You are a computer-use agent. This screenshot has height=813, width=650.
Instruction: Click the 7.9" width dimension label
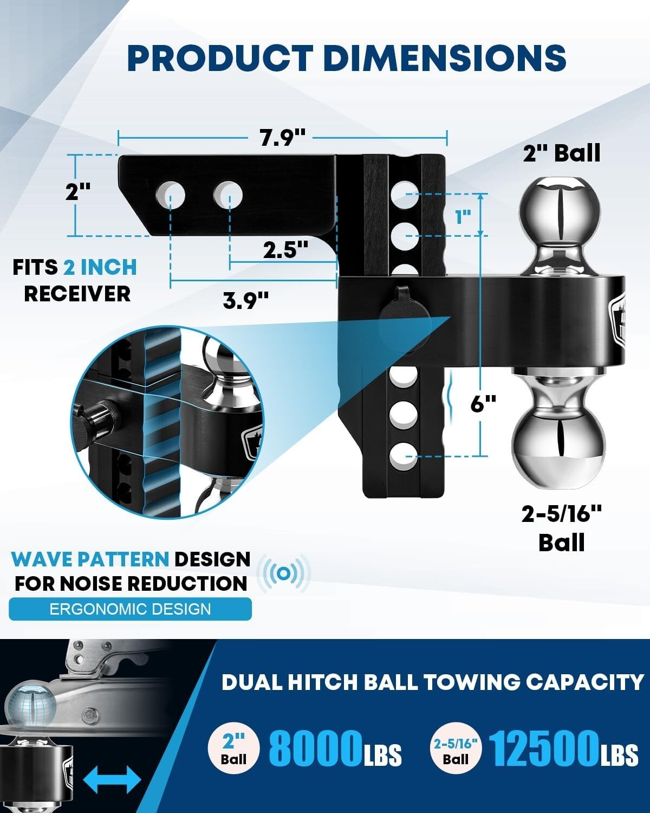pyautogui.click(x=282, y=138)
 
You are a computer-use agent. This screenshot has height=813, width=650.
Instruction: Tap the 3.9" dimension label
pyautogui.click(x=246, y=300)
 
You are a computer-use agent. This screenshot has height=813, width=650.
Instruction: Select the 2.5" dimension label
pyautogui.click(x=285, y=250)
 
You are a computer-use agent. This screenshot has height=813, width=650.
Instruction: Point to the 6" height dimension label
pyautogui.click(x=483, y=403)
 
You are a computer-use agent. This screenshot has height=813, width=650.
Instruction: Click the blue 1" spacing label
pyautogui.click(x=461, y=217)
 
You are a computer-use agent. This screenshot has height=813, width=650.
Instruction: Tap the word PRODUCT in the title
pyautogui.click(x=219, y=58)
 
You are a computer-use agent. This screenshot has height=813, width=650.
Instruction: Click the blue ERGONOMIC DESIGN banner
pyautogui.click(x=130, y=609)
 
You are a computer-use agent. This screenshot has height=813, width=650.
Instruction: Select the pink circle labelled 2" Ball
pyautogui.click(x=233, y=749)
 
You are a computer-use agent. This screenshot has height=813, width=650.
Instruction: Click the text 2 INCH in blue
pyautogui.click(x=100, y=268)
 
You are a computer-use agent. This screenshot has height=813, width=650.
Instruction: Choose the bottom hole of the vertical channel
pyautogui.click(x=404, y=454)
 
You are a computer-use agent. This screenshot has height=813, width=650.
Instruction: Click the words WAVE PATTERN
pyautogui.click(x=90, y=559)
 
